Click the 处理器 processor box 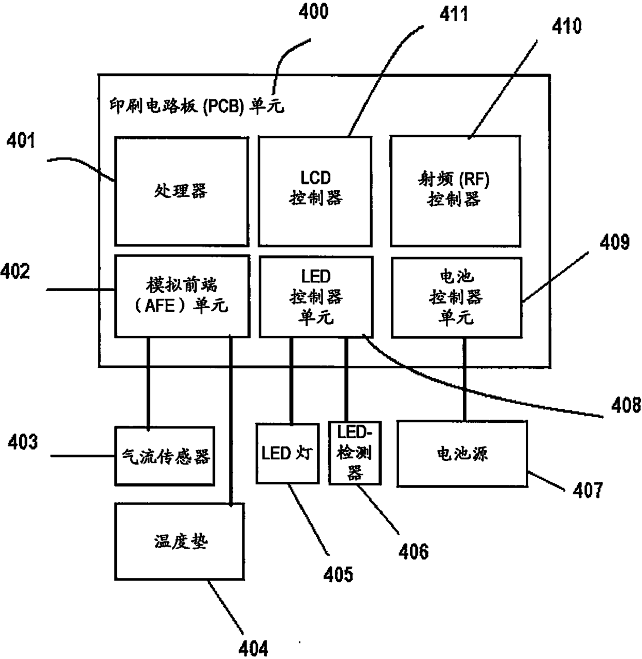(x=181, y=191)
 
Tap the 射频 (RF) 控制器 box (x=454, y=191)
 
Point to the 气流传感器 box (x=165, y=456)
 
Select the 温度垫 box (x=180, y=542)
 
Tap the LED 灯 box (x=287, y=454)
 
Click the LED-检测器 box (x=355, y=453)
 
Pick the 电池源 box (x=462, y=454)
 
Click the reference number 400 (x=313, y=11)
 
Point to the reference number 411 (x=454, y=14)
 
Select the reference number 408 (x=625, y=406)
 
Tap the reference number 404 (x=253, y=648)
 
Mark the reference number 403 (x=23, y=442)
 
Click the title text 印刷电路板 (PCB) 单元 (x=197, y=106)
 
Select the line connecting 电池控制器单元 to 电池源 (x=464, y=378)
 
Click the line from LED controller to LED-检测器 (x=346, y=378)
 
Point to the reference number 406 (x=414, y=551)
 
